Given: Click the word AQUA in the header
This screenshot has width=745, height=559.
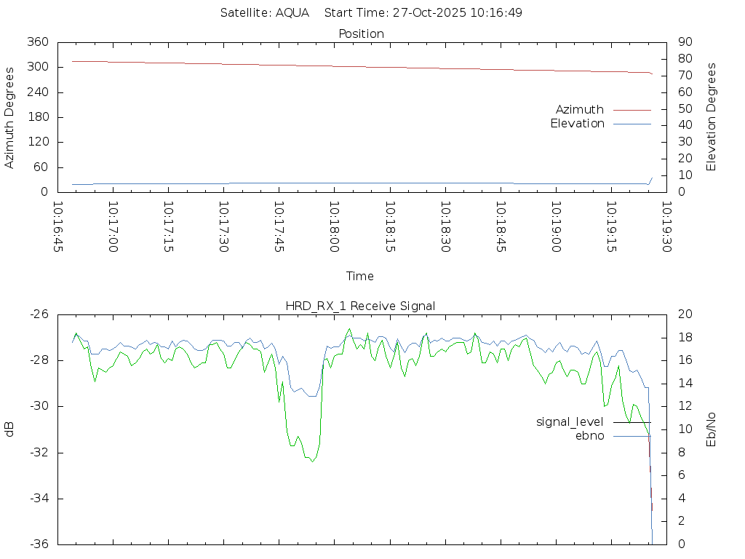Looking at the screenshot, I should (x=292, y=13).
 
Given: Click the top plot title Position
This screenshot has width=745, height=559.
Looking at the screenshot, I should (x=361, y=34).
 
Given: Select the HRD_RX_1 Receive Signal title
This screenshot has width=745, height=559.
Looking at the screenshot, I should (x=360, y=306).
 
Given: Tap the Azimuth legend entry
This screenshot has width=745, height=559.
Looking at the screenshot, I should (x=580, y=110).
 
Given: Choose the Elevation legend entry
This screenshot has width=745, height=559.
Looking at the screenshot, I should (x=577, y=124).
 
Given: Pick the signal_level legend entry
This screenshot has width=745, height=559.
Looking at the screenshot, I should (x=570, y=422).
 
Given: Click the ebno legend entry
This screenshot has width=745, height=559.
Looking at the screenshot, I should (x=589, y=436).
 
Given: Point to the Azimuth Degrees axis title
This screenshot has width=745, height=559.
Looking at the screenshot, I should (x=10, y=117).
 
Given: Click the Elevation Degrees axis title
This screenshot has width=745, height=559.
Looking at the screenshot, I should (x=712, y=117).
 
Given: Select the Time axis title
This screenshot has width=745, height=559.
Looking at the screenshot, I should (x=360, y=277).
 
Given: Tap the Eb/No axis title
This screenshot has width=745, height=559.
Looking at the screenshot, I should (x=712, y=429).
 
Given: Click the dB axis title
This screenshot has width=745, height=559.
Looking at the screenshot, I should (x=10, y=429).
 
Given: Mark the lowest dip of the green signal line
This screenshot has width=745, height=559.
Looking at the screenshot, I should (x=312, y=461).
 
